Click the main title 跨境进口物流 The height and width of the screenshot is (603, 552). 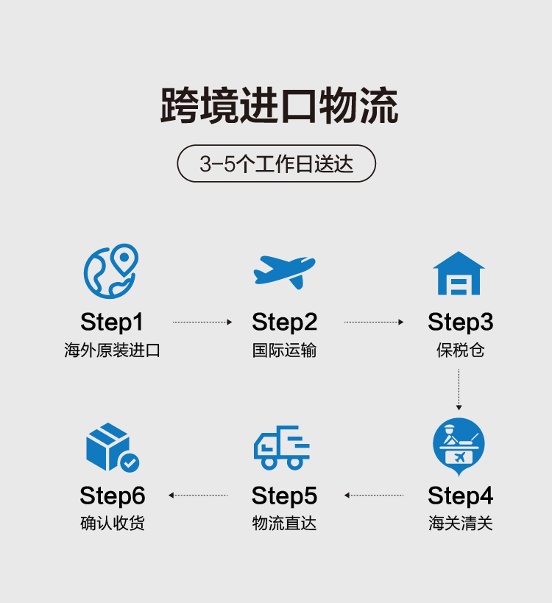[280, 106]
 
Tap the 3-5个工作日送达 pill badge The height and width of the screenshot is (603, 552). [277, 163]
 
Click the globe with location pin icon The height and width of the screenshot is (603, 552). [111, 271]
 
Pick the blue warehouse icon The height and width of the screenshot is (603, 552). [459, 273]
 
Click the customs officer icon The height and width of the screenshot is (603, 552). [459, 445]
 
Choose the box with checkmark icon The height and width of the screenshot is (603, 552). [111, 447]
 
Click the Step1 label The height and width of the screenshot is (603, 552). [112, 322]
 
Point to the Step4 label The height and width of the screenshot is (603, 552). [460, 495]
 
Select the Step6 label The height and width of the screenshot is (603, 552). [113, 495]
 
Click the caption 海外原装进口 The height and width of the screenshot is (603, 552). [112, 350]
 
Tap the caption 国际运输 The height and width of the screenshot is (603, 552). [284, 350]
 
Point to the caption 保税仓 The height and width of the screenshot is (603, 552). [460, 350]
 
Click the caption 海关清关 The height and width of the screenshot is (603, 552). [460, 523]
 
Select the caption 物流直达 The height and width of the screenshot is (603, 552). [284, 523]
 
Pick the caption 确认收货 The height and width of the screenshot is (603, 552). [113, 523]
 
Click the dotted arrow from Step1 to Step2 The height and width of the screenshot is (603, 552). [202, 322]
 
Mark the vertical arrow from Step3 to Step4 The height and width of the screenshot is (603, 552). [459, 389]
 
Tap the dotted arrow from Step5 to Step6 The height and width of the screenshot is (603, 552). [198, 495]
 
